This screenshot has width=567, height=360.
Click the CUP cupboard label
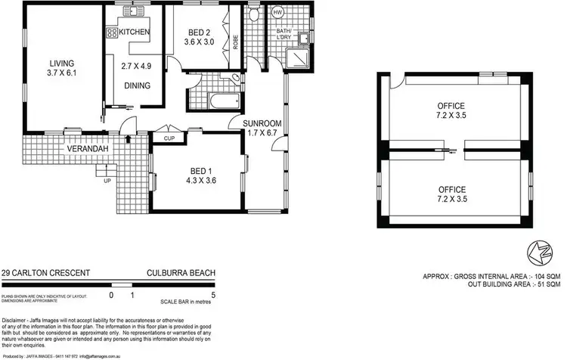[x=169, y=138]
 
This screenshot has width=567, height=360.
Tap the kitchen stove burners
[x=111, y=33]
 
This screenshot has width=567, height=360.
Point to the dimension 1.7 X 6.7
[x=263, y=133]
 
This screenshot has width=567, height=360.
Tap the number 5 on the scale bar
[x=215, y=294]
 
